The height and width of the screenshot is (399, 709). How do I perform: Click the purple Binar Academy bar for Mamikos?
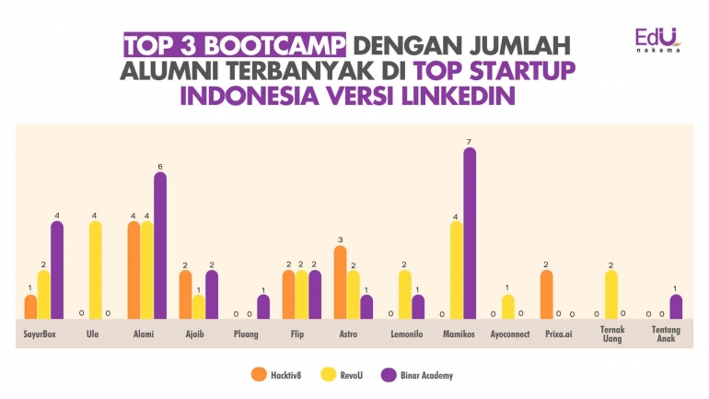pos(470,234)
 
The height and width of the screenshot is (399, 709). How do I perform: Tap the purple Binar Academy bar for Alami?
pos(160,246)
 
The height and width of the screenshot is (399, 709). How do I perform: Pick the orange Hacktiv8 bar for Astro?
pos(341,283)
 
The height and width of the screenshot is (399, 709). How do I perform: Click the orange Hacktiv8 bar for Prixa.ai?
pos(547,295)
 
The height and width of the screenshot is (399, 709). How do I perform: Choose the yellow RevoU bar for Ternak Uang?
pos(610,295)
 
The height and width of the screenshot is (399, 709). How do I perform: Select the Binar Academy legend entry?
pos(419,375)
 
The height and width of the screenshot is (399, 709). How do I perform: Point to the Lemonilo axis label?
pos(405,334)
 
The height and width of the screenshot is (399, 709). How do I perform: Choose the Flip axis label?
pos(296,334)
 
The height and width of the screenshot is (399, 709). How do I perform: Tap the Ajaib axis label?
pos(193,334)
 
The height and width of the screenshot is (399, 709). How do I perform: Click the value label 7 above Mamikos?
pos(470,141)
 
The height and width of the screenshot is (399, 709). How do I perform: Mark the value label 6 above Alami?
pos(160,166)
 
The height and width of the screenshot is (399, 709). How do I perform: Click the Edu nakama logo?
pos(657,40)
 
